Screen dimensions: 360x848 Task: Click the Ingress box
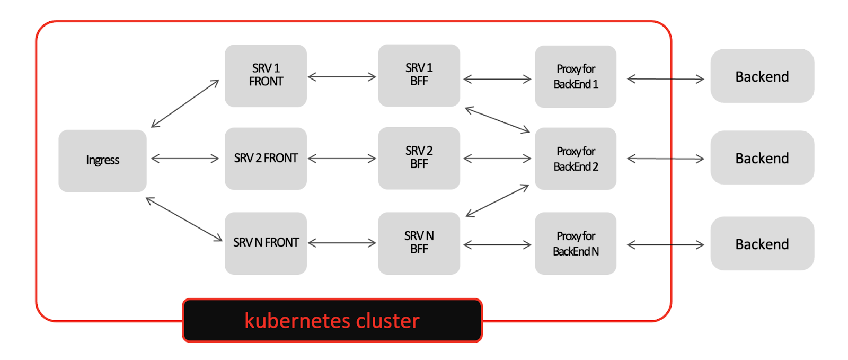click(x=102, y=161)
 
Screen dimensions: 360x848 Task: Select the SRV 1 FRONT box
click(x=266, y=75)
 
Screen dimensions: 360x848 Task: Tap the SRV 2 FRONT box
click(x=266, y=159)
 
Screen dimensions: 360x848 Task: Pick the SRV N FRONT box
click(x=266, y=243)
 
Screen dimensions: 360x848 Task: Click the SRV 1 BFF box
click(x=419, y=75)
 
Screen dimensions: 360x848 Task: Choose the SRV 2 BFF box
click(x=419, y=158)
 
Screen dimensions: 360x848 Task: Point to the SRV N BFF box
click(x=419, y=243)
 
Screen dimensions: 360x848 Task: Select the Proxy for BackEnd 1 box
click(x=576, y=76)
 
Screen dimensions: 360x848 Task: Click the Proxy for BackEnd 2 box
click(x=576, y=159)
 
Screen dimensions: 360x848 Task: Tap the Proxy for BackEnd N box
click(x=576, y=243)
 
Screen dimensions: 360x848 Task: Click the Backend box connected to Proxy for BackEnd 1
click(x=762, y=76)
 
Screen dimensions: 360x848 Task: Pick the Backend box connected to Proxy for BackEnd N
click(x=762, y=243)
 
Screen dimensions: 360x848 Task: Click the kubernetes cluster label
click(x=332, y=320)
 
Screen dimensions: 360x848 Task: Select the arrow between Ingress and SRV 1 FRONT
click(x=185, y=103)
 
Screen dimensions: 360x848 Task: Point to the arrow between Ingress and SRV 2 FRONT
click(x=185, y=158)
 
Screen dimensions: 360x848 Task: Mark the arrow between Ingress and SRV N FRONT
click(x=184, y=219)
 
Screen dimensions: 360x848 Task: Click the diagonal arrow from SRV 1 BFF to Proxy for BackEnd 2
click(x=497, y=120)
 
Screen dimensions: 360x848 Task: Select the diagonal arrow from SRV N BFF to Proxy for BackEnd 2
click(x=497, y=200)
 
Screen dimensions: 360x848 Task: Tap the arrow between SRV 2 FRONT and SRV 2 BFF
click(x=342, y=158)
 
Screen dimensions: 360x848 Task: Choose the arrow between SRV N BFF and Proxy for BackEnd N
click(x=497, y=244)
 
